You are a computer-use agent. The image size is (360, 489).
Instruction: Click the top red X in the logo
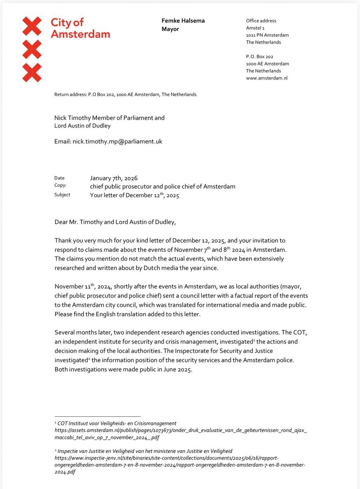(x=31, y=26)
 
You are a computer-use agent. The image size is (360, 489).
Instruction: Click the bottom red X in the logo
(x=31, y=73)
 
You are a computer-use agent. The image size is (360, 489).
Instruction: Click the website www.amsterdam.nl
(x=267, y=78)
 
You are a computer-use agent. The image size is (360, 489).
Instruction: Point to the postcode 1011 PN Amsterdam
(x=267, y=35)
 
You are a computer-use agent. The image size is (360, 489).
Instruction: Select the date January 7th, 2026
(x=114, y=178)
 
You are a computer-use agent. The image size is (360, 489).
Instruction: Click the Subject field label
(x=62, y=195)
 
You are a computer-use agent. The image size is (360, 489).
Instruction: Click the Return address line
(x=125, y=95)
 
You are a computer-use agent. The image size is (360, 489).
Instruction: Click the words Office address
(x=261, y=21)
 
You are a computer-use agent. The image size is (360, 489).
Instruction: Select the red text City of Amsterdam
(x=80, y=28)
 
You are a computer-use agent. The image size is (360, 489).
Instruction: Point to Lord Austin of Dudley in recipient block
(x=82, y=126)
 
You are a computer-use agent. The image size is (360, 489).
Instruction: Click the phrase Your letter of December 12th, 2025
(x=135, y=195)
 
